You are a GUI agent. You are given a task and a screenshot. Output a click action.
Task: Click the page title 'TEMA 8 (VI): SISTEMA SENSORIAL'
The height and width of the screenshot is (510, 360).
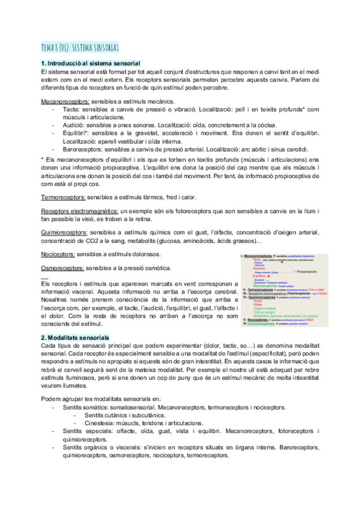[79, 46]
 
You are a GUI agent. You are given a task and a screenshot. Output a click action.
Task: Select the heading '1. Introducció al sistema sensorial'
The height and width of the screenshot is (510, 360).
[90, 63]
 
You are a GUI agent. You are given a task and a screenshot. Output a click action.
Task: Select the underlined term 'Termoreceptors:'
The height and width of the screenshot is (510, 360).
[63, 197]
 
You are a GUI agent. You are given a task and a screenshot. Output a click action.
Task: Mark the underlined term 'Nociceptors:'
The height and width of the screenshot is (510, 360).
[58, 254]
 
